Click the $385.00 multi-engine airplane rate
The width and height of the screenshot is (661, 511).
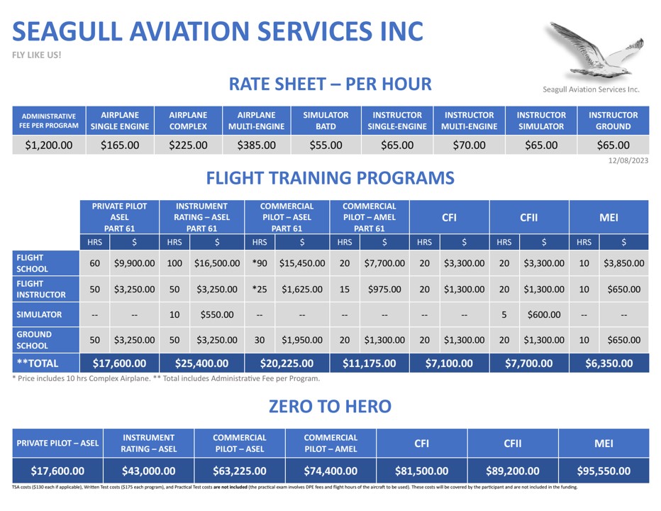pyautogui.click(x=256, y=145)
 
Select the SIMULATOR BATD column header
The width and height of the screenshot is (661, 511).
pyautogui.click(x=326, y=121)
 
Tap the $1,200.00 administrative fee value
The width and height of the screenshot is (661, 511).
pyautogui.click(x=48, y=145)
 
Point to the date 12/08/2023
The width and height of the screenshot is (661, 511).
pyautogui.click(x=628, y=160)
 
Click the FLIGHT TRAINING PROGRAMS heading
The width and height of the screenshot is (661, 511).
pyautogui.click(x=330, y=178)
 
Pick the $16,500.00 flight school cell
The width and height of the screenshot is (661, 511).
pyautogui.click(x=217, y=263)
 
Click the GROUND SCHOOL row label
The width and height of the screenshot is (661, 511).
pyautogui.click(x=34, y=340)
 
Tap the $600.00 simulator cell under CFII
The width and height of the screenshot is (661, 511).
pyautogui.click(x=544, y=314)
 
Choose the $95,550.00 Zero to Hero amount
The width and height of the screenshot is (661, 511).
pyautogui.click(x=603, y=471)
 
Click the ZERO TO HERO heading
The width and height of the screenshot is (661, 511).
pyautogui.click(x=330, y=407)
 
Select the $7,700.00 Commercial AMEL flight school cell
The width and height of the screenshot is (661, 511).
pyautogui.click(x=384, y=263)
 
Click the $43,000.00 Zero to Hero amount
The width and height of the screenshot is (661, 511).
pyautogui.click(x=149, y=471)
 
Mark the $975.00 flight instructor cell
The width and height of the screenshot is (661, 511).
pyautogui.click(x=384, y=290)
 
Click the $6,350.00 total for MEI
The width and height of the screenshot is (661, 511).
pyautogui.click(x=609, y=363)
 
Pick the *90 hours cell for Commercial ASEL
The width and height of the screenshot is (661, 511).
pyautogui.click(x=259, y=263)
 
